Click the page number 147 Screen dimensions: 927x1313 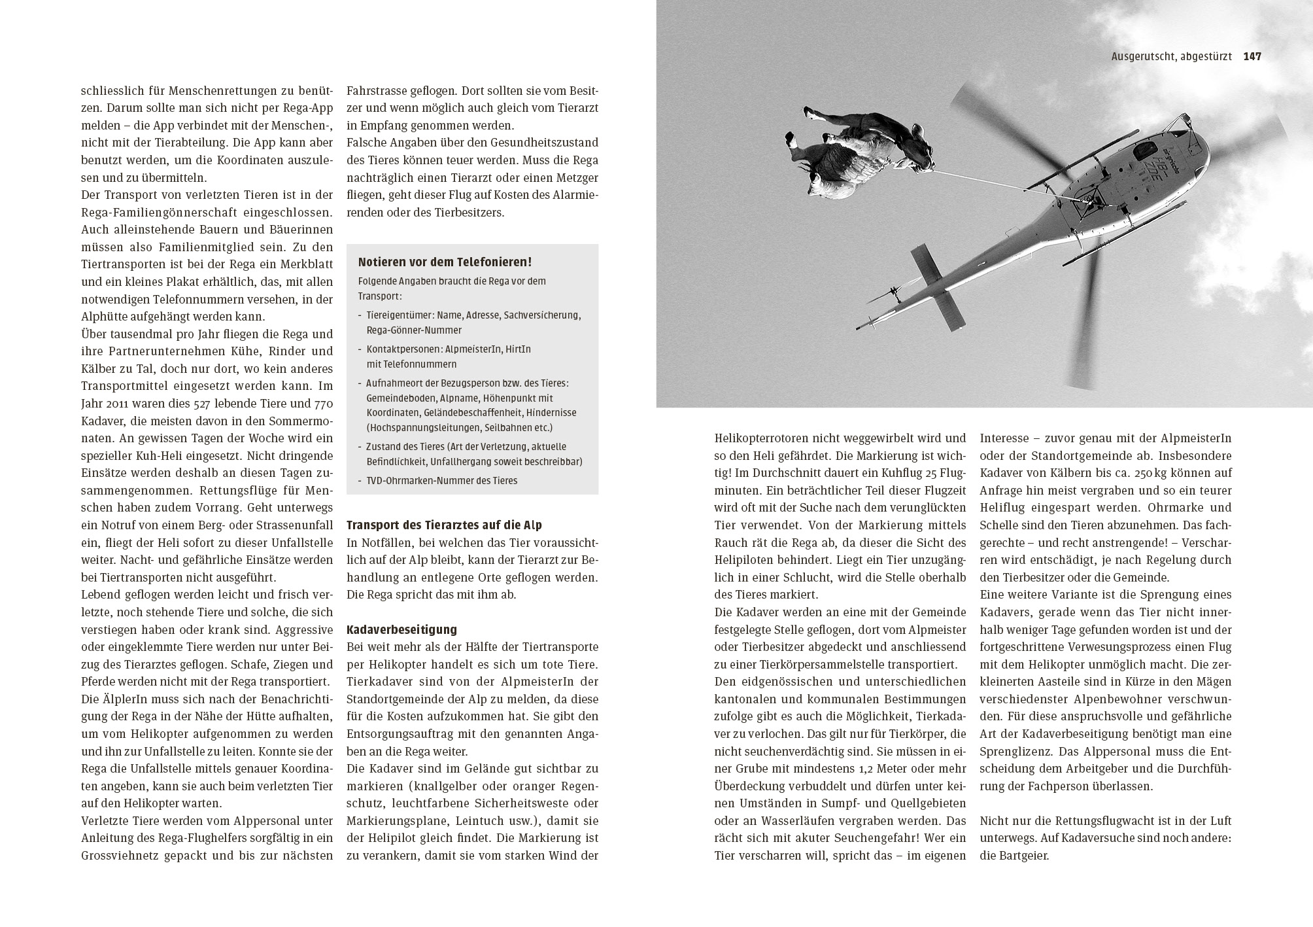coord(1252,57)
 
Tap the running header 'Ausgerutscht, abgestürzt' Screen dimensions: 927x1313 coord(1171,57)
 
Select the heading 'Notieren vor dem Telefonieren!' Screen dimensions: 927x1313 coord(445,262)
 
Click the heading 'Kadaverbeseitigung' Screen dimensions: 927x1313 coord(401,630)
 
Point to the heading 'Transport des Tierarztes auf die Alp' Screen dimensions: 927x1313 coord(444,525)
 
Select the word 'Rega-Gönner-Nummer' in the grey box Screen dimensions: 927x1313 coord(414,330)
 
